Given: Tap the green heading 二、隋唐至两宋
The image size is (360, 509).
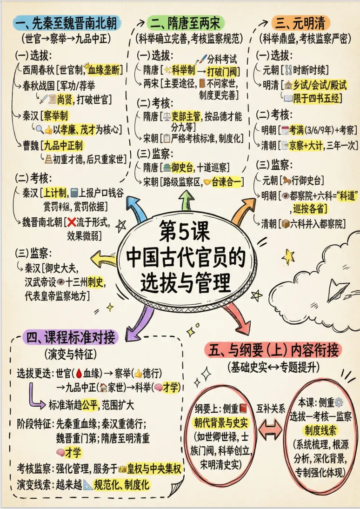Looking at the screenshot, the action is click(x=185, y=22).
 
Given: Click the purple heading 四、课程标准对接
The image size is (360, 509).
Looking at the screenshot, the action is click(x=70, y=337).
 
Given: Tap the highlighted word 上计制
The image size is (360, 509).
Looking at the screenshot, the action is click(x=55, y=192).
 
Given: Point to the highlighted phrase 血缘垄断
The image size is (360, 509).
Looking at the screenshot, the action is click(x=105, y=70).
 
